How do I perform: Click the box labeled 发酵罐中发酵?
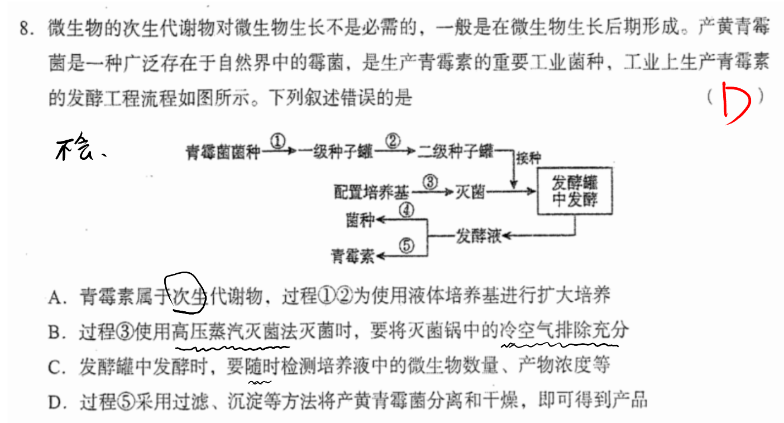(x=575, y=191)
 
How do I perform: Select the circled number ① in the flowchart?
(x=278, y=141)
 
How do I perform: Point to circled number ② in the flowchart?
(x=393, y=141)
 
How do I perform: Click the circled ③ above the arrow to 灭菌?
(x=430, y=182)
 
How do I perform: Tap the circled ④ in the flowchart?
(x=407, y=210)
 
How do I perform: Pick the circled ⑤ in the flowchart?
(x=407, y=245)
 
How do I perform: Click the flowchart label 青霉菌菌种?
(x=223, y=153)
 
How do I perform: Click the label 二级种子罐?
(x=455, y=151)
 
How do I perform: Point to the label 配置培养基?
(x=371, y=192)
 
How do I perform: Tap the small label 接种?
(x=528, y=159)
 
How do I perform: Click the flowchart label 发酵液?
(x=479, y=236)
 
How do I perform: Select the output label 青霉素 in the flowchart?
(x=353, y=256)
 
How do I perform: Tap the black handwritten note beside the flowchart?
(x=80, y=147)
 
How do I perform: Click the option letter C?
(x=55, y=367)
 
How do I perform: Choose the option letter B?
(x=55, y=332)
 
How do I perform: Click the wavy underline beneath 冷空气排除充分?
(x=560, y=345)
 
